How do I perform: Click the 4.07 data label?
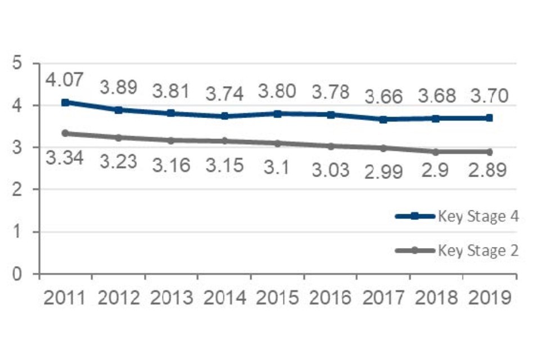click(64, 80)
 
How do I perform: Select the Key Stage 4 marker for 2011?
click(65, 102)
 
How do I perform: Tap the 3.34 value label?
click(64, 158)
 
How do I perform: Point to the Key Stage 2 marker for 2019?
click(489, 152)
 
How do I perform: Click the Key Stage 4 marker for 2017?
click(384, 119)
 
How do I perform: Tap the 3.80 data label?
click(277, 91)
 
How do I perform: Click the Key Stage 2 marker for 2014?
click(224, 141)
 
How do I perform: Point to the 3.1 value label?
click(277, 166)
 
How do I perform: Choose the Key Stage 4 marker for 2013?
click(171, 113)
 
